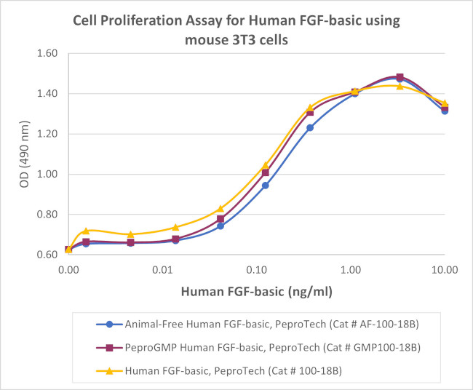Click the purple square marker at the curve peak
tap(400, 77)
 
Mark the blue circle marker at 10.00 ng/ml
tap(445, 111)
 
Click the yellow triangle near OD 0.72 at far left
tap(86, 231)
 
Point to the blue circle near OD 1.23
tap(310, 127)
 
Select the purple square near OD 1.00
tap(266, 172)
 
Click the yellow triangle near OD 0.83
tap(220, 209)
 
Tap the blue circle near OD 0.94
tap(266, 186)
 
